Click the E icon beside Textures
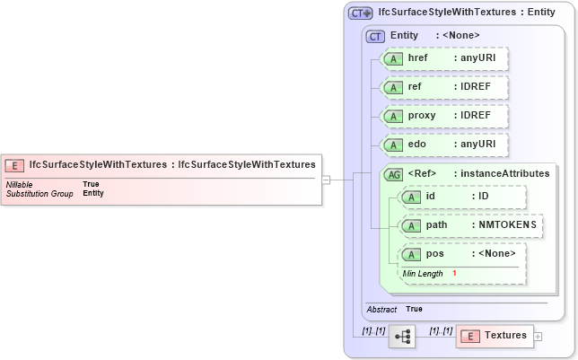(x=469, y=336)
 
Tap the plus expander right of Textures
(x=538, y=337)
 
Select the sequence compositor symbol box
(x=401, y=337)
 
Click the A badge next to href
(x=393, y=58)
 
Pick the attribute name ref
(x=415, y=87)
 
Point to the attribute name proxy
(x=421, y=116)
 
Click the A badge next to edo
(x=393, y=145)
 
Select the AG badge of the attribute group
(x=393, y=174)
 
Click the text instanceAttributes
(x=501, y=174)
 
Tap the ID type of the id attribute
(x=483, y=197)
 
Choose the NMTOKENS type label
(x=505, y=225)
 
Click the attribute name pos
(x=434, y=254)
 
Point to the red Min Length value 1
(x=455, y=273)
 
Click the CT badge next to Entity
(x=376, y=35)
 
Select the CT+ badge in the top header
(x=360, y=13)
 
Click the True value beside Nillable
(x=91, y=184)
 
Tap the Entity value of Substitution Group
(x=93, y=193)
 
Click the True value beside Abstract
(x=414, y=309)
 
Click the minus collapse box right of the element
(x=327, y=180)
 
